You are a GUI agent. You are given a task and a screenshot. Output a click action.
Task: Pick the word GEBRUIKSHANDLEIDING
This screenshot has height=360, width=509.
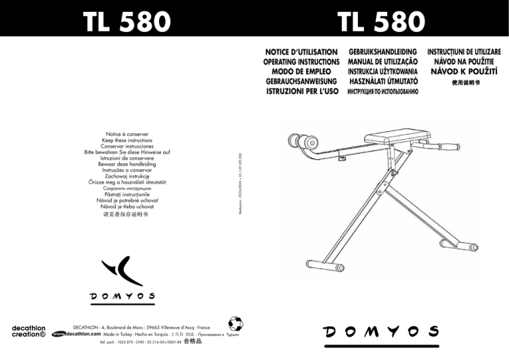[x=382, y=50]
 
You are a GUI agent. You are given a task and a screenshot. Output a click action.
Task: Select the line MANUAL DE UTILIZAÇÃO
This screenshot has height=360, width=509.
[x=382, y=60]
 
